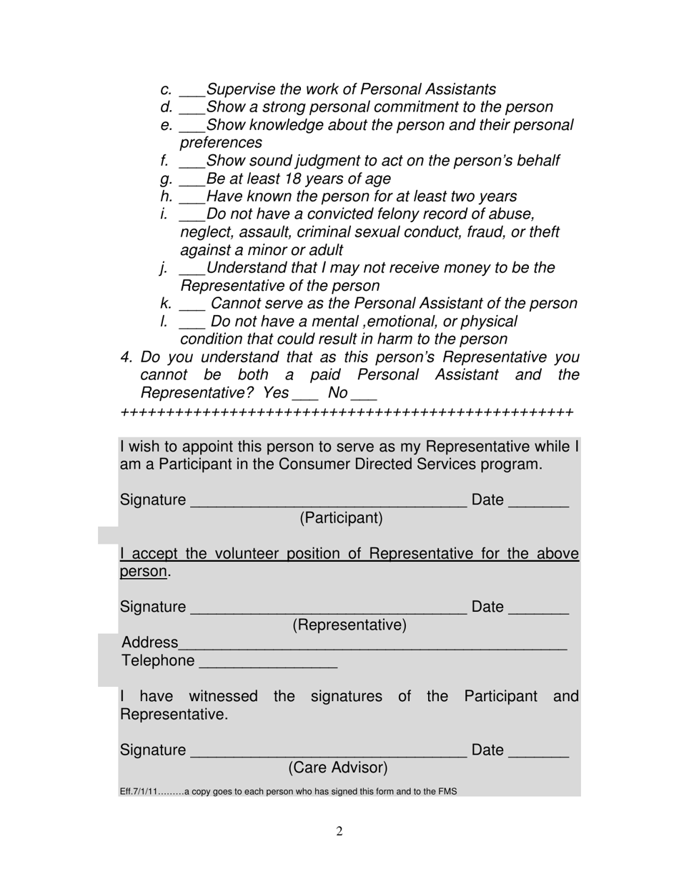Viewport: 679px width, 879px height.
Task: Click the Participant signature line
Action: click(x=328, y=503)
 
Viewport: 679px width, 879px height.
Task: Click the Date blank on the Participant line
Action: click(x=538, y=503)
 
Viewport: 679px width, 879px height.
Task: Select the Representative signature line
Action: click(x=328, y=610)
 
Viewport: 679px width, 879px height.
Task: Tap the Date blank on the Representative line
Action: click(x=538, y=610)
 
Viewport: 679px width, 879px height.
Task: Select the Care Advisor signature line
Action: click(x=328, y=753)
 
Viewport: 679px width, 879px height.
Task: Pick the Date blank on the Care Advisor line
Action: click(x=538, y=753)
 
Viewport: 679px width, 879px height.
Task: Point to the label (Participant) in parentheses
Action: click(x=341, y=518)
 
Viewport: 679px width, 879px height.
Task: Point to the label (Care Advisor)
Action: click(x=338, y=768)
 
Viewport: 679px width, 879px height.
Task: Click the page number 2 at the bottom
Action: click(x=339, y=831)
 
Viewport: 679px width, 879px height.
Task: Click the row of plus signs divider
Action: click(x=347, y=413)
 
